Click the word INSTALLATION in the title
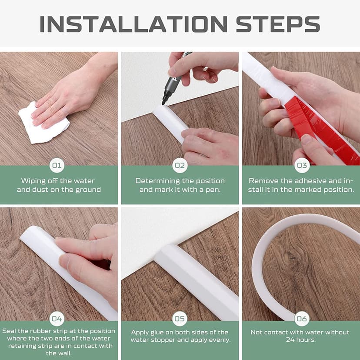pyautogui.click(x=133, y=24)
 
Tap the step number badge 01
pyautogui.click(x=57, y=165)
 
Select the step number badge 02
pyautogui.click(x=180, y=165)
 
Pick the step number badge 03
pyautogui.click(x=302, y=165)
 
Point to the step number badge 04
pyautogui.click(x=57, y=319)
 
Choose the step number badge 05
pyautogui.click(x=180, y=319)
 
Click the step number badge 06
pyautogui.click(x=302, y=319)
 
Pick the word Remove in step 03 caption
pyautogui.click(x=262, y=181)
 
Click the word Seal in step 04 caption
pyautogui.click(x=10, y=331)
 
